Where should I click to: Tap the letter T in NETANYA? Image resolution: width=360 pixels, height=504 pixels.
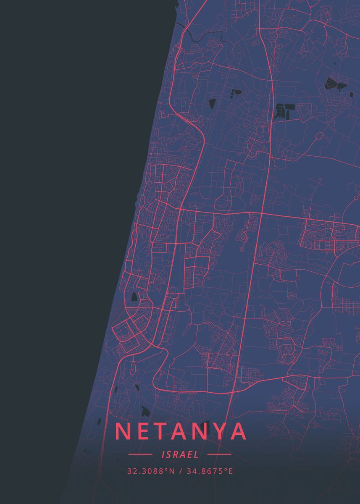tap(164, 431)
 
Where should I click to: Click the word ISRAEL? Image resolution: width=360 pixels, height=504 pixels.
tap(180, 454)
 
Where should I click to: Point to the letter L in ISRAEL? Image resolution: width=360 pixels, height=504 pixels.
tap(196, 454)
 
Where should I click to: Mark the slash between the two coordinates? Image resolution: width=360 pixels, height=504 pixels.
tap(180, 471)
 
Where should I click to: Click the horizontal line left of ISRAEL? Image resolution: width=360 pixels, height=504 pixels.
tap(140, 454)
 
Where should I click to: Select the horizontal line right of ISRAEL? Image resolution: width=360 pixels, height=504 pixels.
tap(219, 454)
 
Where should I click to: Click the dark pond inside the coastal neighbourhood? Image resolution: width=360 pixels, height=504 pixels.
tap(134, 297)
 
